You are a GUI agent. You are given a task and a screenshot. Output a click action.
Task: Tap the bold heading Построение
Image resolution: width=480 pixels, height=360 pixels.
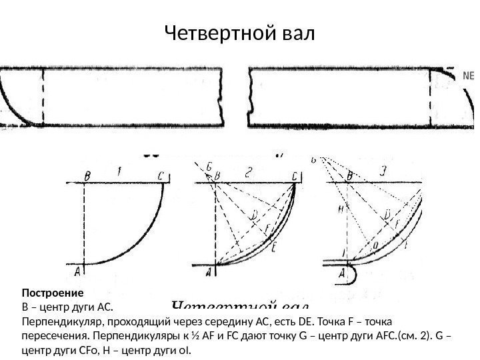(x=52, y=293)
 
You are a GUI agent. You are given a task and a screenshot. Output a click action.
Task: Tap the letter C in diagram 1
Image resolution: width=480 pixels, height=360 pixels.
(x=160, y=175)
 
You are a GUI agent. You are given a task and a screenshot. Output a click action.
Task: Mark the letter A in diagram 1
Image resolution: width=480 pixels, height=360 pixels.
(x=77, y=270)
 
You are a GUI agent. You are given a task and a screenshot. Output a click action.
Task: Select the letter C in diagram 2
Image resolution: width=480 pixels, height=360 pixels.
(x=293, y=175)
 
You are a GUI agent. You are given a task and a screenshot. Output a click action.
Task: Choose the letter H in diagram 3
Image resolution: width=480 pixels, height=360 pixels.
(x=339, y=209)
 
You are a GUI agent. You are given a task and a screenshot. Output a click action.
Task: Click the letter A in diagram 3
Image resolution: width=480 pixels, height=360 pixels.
(x=343, y=272)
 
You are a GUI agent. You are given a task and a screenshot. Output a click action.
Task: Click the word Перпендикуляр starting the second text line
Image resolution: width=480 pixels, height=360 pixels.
(x=61, y=320)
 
